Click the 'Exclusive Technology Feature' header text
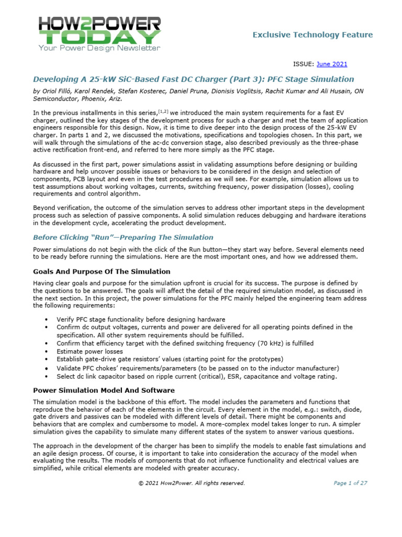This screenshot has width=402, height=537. coord(312,35)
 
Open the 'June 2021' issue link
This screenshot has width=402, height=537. coord(332,64)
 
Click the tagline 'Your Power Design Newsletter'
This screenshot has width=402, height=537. coord(99,48)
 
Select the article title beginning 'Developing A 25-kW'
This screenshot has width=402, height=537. coord(193,79)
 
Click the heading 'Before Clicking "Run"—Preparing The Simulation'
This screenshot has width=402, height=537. coord(123,237)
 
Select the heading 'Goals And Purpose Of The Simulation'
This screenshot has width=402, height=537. coord(102,272)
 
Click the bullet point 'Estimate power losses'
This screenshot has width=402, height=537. coord(90,351)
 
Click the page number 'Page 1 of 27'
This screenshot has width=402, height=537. coord(350,483)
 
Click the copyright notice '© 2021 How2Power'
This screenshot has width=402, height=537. coord(191,483)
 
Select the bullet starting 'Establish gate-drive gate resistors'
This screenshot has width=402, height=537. coord(170,359)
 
